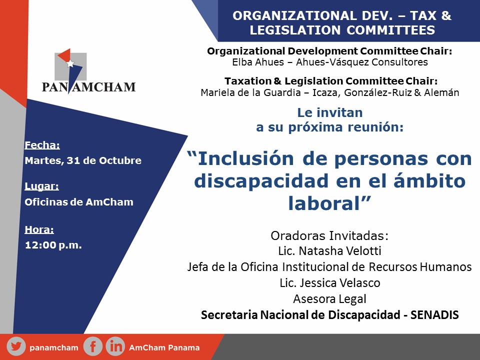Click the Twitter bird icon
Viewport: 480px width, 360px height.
coord(16,346)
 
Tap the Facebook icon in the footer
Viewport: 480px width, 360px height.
coord(92,346)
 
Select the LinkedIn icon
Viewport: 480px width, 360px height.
coord(115,346)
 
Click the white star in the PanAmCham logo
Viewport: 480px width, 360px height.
coord(70,63)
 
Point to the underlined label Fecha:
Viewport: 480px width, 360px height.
coord(42,145)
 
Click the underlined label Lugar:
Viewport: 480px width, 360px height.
coord(41,186)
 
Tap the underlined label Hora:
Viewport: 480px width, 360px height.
coord(39,229)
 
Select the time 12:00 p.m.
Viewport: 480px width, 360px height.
coord(53,245)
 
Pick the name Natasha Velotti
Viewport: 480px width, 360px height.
coord(340,251)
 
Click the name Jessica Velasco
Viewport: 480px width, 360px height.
coord(340,283)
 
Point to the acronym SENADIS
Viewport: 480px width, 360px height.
coord(434,314)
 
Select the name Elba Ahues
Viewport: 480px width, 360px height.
coord(258,62)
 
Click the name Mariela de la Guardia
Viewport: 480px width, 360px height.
coord(250,92)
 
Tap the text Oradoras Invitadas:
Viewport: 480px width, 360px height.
coord(329,235)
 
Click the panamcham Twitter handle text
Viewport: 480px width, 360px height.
coord(54,348)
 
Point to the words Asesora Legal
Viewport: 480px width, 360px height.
coord(329,299)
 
